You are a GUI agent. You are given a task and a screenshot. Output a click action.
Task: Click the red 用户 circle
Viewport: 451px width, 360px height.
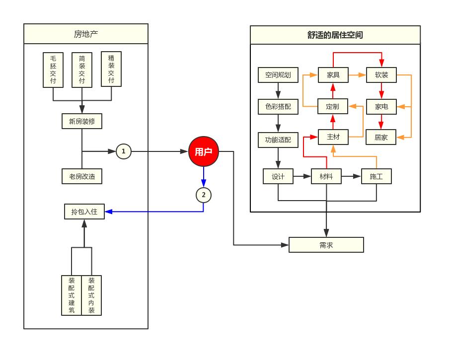click(x=204, y=151)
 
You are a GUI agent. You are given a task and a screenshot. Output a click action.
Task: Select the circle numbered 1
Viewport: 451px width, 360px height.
click(x=124, y=151)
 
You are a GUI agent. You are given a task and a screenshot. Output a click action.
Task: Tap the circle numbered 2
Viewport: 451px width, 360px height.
click(x=204, y=195)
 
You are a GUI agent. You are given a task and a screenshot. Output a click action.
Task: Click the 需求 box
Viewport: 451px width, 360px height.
click(x=326, y=245)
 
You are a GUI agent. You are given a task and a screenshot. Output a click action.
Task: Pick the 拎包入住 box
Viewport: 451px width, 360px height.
click(x=84, y=212)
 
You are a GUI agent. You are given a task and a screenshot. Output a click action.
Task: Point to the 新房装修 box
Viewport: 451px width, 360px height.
click(x=82, y=121)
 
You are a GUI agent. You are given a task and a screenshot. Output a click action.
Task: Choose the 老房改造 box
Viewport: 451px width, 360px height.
click(x=82, y=176)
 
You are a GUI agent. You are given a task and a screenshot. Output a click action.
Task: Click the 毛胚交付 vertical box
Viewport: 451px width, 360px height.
click(x=53, y=70)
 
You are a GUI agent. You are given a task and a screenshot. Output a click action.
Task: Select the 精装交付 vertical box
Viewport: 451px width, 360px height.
click(x=111, y=69)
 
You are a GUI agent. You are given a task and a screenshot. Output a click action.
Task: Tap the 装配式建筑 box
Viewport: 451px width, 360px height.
click(x=72, y=295)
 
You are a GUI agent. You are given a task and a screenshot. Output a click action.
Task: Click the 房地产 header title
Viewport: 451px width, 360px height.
click(x=86, y=34)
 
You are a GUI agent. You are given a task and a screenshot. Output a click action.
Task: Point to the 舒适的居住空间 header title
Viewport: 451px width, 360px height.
click(x=335, y=35)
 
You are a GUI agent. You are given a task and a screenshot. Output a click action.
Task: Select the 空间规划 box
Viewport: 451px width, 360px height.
click(x=278, y=75)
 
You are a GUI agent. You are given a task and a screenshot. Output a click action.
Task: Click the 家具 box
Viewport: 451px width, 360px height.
click(x=333, y=75)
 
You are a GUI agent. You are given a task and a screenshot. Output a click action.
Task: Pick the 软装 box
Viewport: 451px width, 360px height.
click(x=381, y=75)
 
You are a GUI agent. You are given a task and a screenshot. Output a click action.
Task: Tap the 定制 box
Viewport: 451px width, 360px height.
click(x=333, y=106)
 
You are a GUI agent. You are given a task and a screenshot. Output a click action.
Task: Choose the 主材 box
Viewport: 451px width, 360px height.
click(x=333, y=137)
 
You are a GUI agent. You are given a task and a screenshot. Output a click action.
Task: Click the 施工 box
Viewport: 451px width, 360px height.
click(x=376, y=176)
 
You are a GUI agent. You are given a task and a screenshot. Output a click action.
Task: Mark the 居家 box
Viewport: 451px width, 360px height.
click(x=381, y=137)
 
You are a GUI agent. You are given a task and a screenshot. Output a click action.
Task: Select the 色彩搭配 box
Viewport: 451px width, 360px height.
click(x=278, y=106)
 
